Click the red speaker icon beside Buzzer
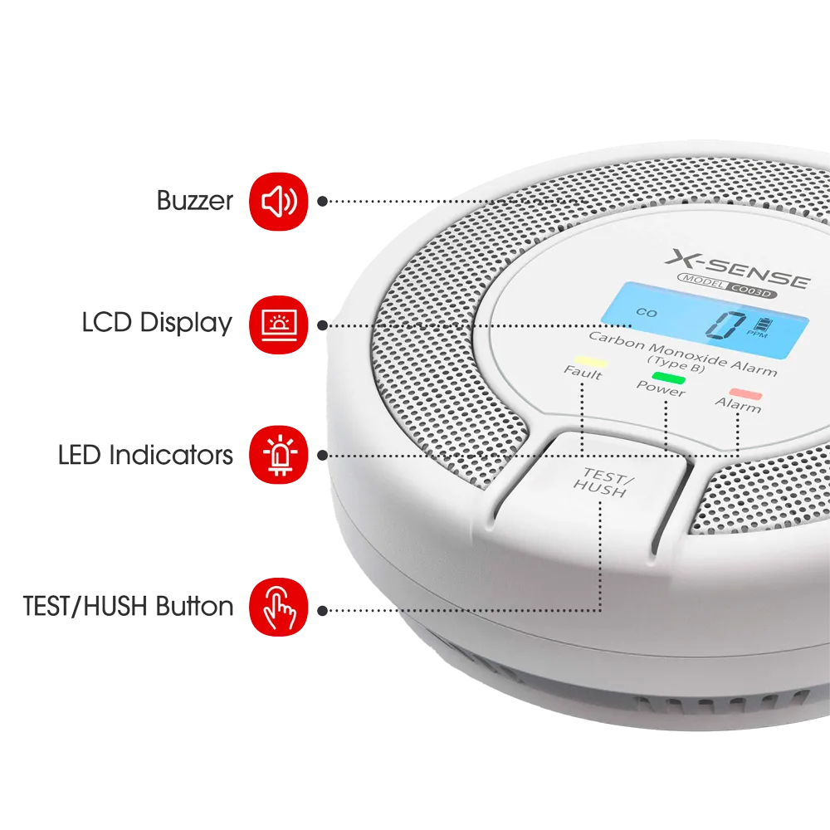pos(278,201)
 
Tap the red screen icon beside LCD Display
pos(278,325)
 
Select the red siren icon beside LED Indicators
pos(278,455)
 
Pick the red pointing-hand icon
pos(278,607)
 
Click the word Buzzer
pos(195,201)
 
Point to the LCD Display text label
pos(157,323)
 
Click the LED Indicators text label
pos(145,455)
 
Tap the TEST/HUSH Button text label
pos(128,606)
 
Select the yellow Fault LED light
pos(591,362)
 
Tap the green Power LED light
pos(668,378)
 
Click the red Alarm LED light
pos(745,393)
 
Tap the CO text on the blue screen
pos(647,313)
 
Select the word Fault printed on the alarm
pos(583,372)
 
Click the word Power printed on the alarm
pos(661,388)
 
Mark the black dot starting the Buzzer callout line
pos(322,201)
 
